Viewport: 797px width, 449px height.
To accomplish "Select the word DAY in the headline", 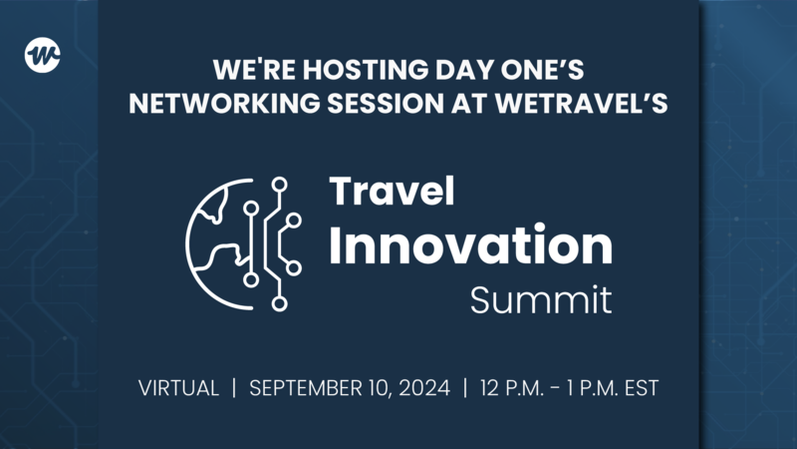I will (445, 73).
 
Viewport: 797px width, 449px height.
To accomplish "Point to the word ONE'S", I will (528, 73).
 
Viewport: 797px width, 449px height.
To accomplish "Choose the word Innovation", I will (470, 245).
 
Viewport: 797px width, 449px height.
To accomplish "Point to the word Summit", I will (541, 300).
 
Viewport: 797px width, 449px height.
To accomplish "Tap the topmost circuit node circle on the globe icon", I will (280, 184).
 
